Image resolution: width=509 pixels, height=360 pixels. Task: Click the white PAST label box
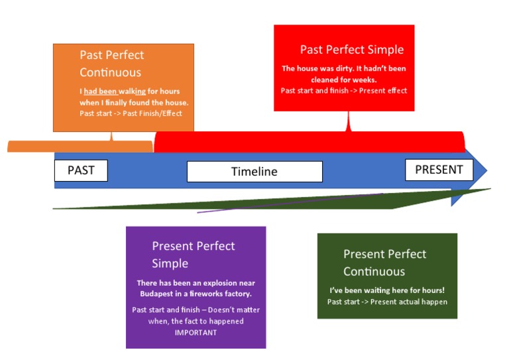[81, 170]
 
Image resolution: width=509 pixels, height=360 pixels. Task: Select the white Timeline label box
[254, 172]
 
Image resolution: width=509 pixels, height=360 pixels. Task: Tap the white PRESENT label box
[439, 170]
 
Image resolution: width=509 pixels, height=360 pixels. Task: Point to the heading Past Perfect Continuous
[111, 64]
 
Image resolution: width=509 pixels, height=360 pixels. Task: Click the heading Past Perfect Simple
[351, 50]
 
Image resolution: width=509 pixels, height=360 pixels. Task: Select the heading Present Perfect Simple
[193, 255]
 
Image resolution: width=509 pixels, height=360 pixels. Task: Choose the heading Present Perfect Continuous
[384, 263]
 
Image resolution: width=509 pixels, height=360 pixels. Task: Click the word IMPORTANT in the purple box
[196, 332]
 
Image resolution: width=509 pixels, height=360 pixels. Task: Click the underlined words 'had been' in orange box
[100, 91]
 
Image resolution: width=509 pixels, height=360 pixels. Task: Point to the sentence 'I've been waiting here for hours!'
[386, 290]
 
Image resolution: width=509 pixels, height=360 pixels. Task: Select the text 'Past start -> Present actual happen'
[387, 302]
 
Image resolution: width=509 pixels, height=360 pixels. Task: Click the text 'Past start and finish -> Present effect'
[343, 91]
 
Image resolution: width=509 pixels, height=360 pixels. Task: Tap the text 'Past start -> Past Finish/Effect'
[131, 113]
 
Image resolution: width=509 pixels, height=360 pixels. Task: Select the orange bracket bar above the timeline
[80, 147]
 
